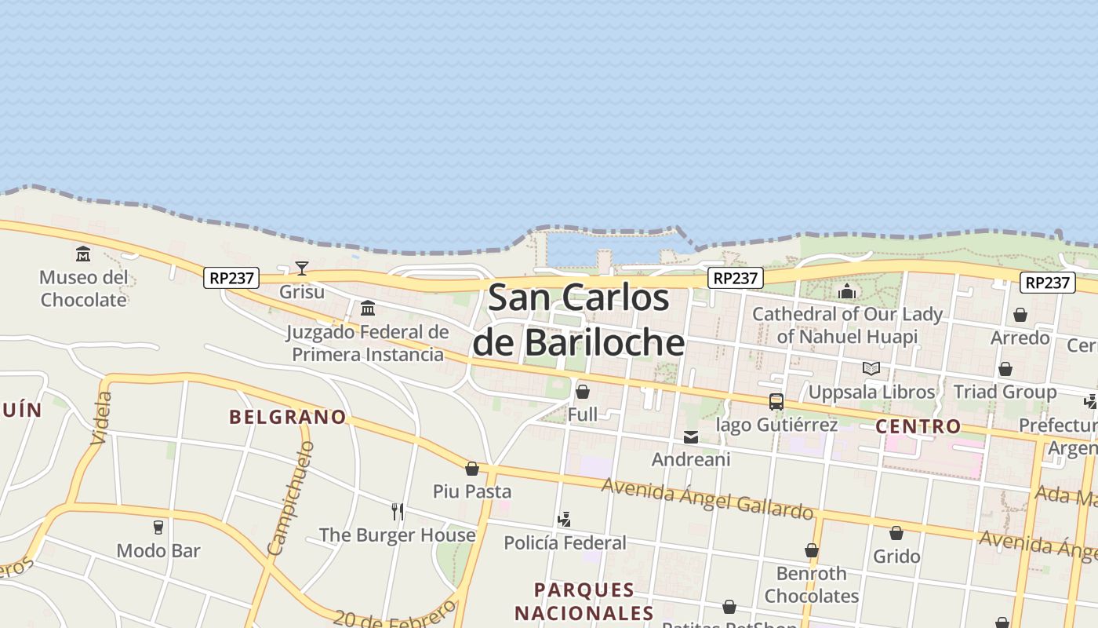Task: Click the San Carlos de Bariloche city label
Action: [579, 320]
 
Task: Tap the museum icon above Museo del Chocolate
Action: [83, 254]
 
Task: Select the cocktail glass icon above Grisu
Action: [301, 268]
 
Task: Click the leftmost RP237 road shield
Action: [231, 278]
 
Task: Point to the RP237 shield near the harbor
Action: [736, 278]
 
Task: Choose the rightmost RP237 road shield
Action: [1047, 283]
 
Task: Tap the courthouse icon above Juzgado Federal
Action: [368, 308]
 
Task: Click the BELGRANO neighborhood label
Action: [287, 417]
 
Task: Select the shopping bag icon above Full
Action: [583, 391]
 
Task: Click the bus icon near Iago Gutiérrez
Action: [776, 402]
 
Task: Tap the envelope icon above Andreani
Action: [691, 437]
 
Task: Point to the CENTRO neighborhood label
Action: [918, 426]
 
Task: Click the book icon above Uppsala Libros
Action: [871, 368]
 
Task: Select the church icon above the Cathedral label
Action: [847, 292]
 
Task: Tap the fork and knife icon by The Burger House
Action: [398, 512]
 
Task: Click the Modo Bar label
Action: [158, 550]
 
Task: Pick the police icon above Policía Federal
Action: [564, 520]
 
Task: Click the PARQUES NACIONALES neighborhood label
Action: [584, 601]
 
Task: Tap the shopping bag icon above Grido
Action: [896, 534]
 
